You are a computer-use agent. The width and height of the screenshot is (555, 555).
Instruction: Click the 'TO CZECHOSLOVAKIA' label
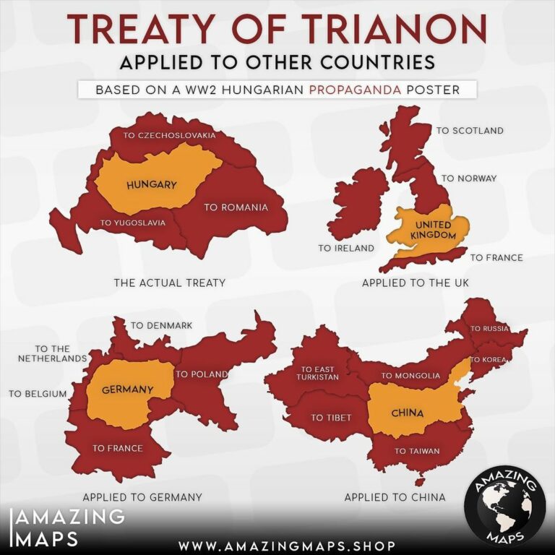(169, 135)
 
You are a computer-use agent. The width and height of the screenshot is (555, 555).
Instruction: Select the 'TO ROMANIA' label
(236, 207)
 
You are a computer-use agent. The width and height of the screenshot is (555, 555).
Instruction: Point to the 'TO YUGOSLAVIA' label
(133, 223)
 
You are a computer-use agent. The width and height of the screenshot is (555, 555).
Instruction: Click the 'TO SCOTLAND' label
(470, 131)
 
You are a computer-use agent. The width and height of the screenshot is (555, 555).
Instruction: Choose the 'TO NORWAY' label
(469, 178)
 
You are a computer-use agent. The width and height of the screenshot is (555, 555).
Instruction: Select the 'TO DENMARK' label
(161, 326)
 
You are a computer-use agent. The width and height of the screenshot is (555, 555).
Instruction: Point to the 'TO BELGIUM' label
(38, 394)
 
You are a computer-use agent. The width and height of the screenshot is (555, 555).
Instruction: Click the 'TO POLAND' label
(202, 374)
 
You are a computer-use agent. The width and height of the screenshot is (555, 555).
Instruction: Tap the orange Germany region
(127, 390)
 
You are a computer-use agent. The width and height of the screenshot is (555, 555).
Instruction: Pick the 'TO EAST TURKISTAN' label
(318, 374)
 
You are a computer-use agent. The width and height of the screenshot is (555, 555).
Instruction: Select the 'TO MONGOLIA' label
(410, 376)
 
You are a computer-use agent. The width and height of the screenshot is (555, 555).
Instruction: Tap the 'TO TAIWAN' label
(417, 452)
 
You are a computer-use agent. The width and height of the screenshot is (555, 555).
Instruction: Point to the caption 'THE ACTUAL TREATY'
(169, 283)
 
